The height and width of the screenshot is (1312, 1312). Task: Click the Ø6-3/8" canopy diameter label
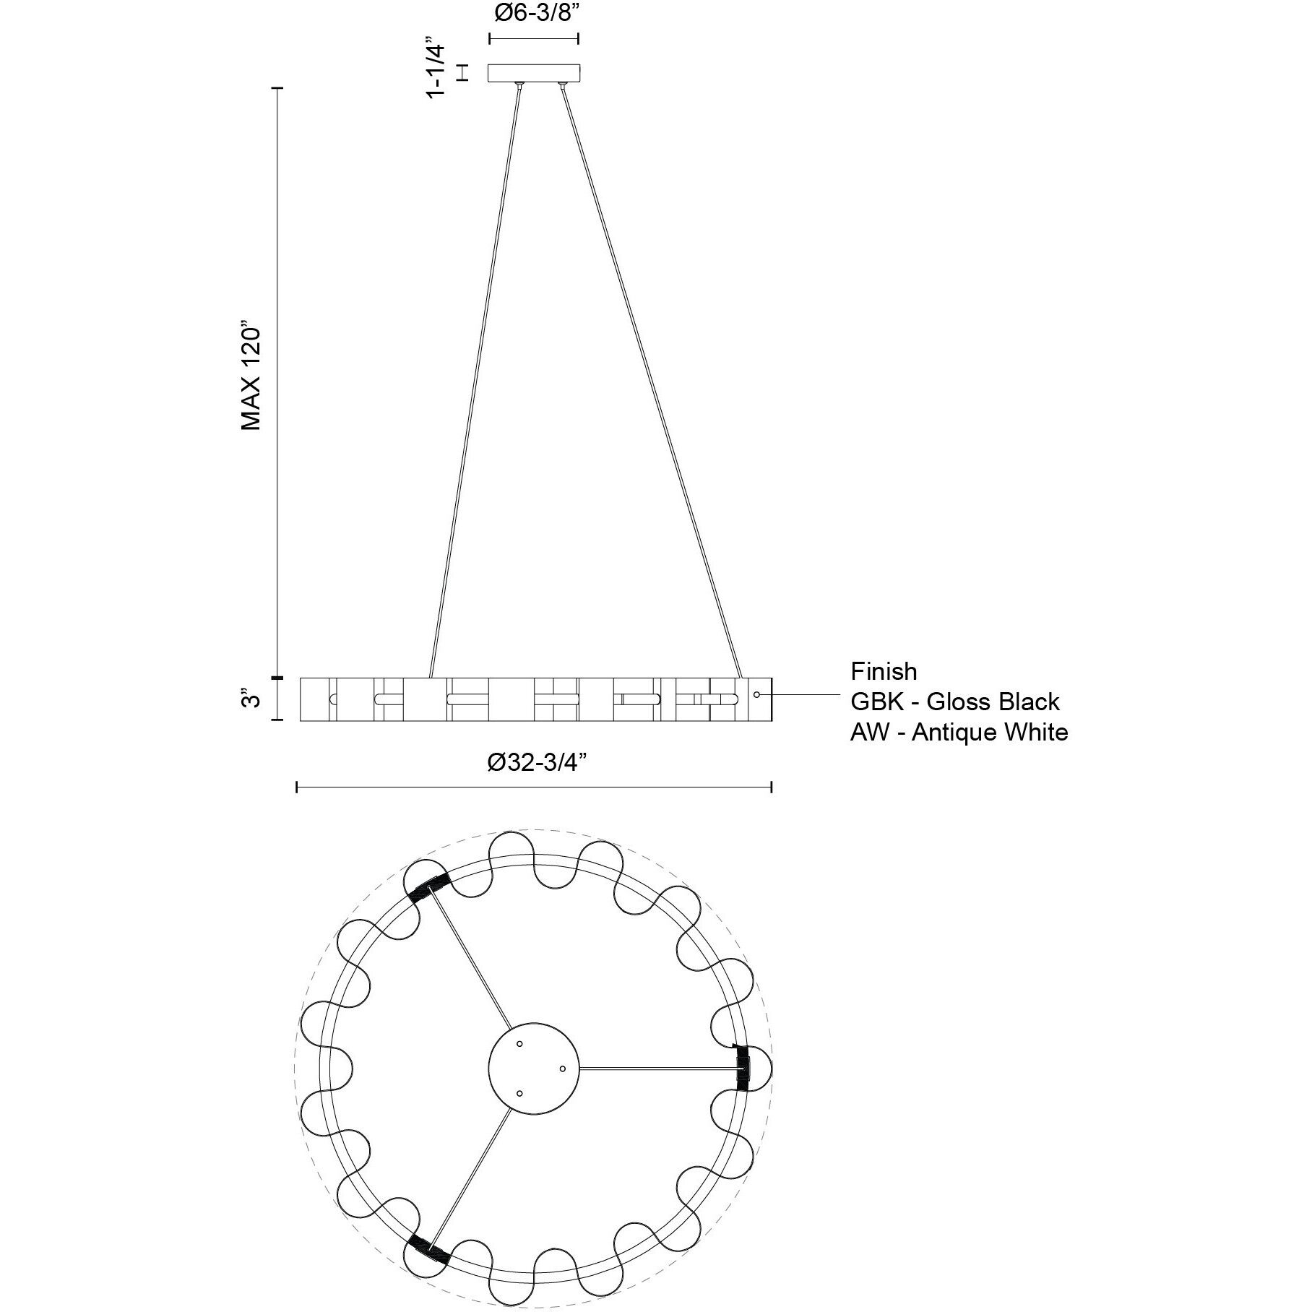[534, 14]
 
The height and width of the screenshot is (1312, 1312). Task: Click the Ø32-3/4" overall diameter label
[535, 762]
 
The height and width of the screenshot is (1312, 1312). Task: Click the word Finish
[884, 671]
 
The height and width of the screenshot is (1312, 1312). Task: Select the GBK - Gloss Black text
[955, 702]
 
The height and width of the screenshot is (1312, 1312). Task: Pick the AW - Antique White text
[959, 732]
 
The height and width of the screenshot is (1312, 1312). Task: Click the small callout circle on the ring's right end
[756, 694]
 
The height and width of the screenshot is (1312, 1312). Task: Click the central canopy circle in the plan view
[535, 1068]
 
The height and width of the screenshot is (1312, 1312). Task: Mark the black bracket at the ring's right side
[742, 1068]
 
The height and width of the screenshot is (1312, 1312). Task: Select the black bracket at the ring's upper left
[428, 886]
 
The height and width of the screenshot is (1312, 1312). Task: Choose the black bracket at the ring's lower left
[428, 1249]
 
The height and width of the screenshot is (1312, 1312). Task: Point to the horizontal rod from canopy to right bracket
[657, 1068]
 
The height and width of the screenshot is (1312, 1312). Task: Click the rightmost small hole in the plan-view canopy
[562, 1068]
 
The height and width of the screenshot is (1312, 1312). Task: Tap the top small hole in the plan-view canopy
[520, 1044]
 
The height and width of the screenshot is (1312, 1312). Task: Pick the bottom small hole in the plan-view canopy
[520, 1093]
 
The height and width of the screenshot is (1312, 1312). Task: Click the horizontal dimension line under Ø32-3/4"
[535, 787]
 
